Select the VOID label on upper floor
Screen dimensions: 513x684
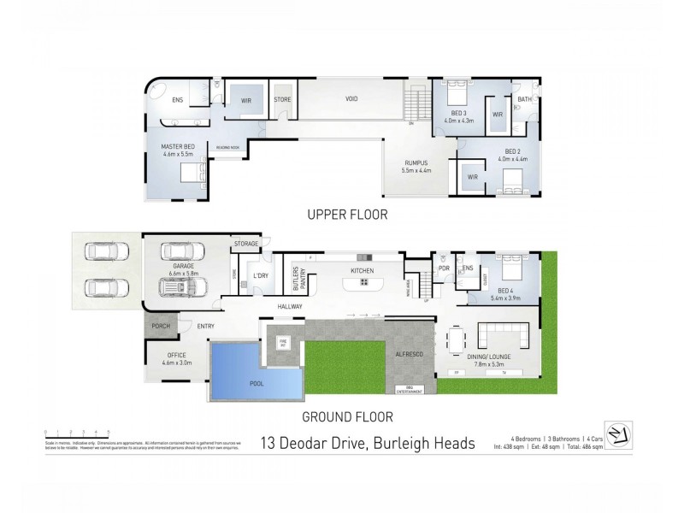[x=351, y=99]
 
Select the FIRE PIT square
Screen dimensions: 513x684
[x=283, y=342]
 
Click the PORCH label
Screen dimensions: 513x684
[x=160, y=326]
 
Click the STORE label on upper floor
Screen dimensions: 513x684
[x=282, y=99]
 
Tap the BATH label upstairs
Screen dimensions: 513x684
[x=524, y=99]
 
